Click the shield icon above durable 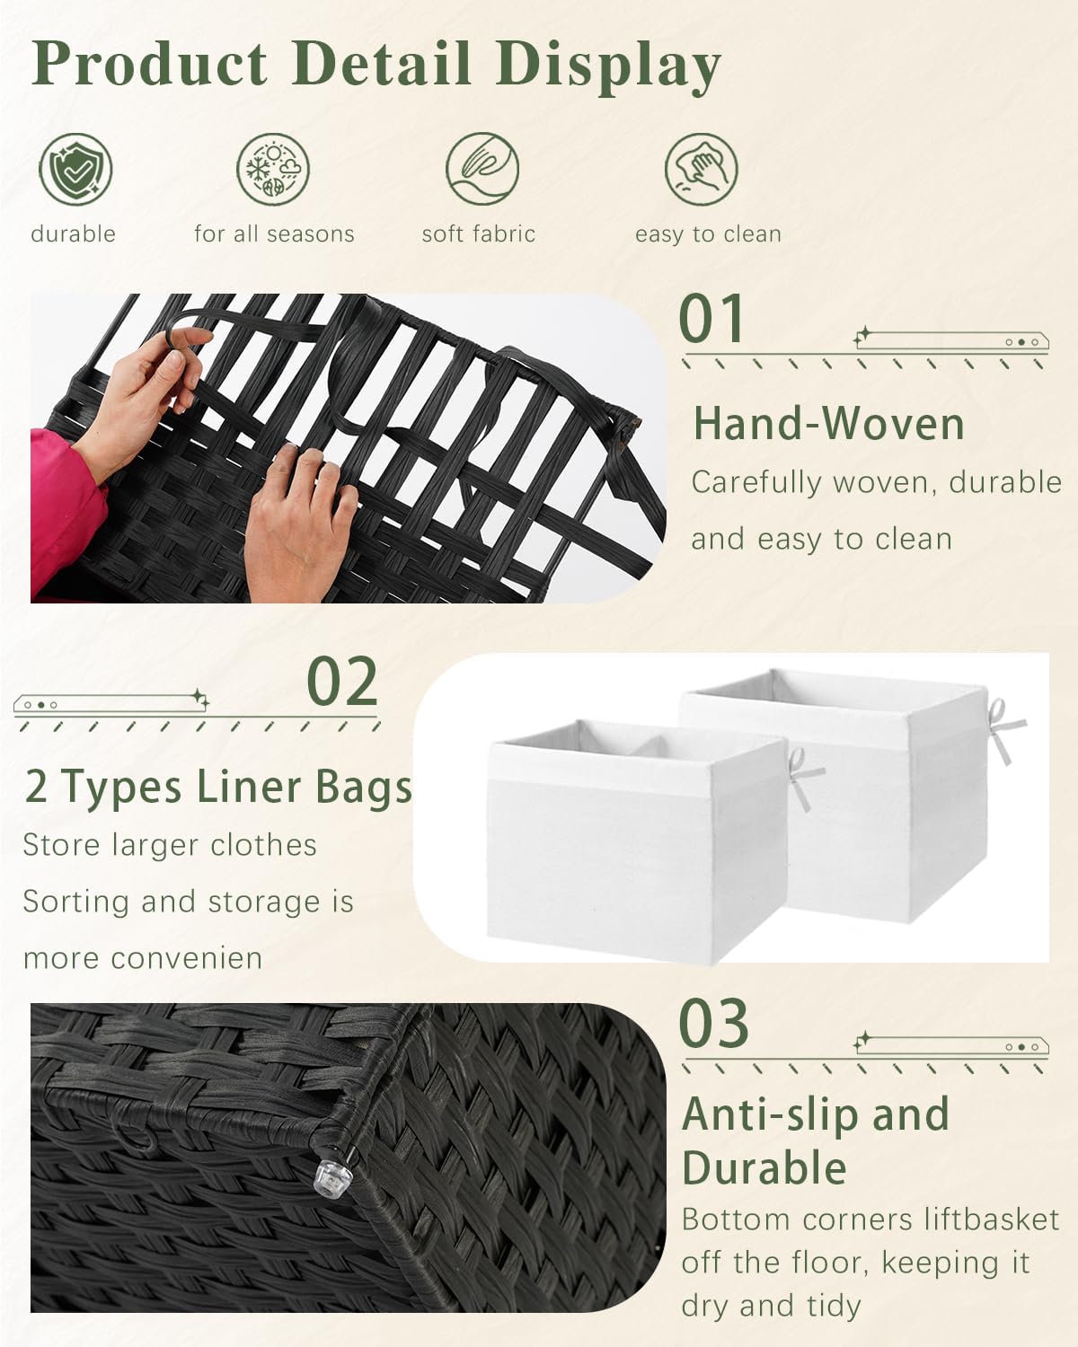pyautogui.click(x=75, y=169)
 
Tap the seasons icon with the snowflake pyautogui.click(x=273, y=170)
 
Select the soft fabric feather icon pyautogui.click(x=482, y=169)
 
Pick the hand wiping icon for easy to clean pyautogui.click(x=701, y=169)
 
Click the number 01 pyautogui.click(x=711, y=319)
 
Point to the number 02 pyautogui.click(x=342, y=682)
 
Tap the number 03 pyautogui.click(x=714, y=1024)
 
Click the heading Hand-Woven pyautogui.click(x=828, y=424)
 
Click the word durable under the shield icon pyautogui.click(x=73, y=234)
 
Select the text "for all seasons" pyautogui.click(x=274, y=234)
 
